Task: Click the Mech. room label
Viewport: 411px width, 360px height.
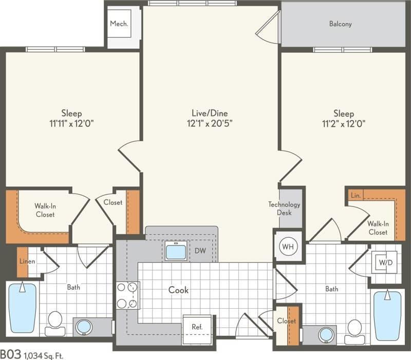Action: pos(119,24)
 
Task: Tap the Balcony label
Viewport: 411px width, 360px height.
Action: pos(340,24)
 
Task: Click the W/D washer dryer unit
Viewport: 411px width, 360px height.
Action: pos(385,263)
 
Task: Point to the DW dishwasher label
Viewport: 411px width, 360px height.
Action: pos(200,252)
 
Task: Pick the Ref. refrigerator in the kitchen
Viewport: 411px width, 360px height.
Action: pos(196,327)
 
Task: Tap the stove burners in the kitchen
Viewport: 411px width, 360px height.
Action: pos(127,295)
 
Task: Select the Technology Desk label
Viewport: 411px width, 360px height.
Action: pos(284,209)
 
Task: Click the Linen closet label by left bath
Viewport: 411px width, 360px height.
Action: pos(27,262)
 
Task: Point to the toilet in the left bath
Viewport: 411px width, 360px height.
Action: pos(54,321)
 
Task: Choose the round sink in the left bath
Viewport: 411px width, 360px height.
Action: pos(84,326)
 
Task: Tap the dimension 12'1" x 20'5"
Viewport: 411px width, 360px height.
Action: pos(209,123)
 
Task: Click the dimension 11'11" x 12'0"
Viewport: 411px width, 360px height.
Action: pos(71,123)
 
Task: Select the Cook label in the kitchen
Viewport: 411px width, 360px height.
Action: pos(178,290)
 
